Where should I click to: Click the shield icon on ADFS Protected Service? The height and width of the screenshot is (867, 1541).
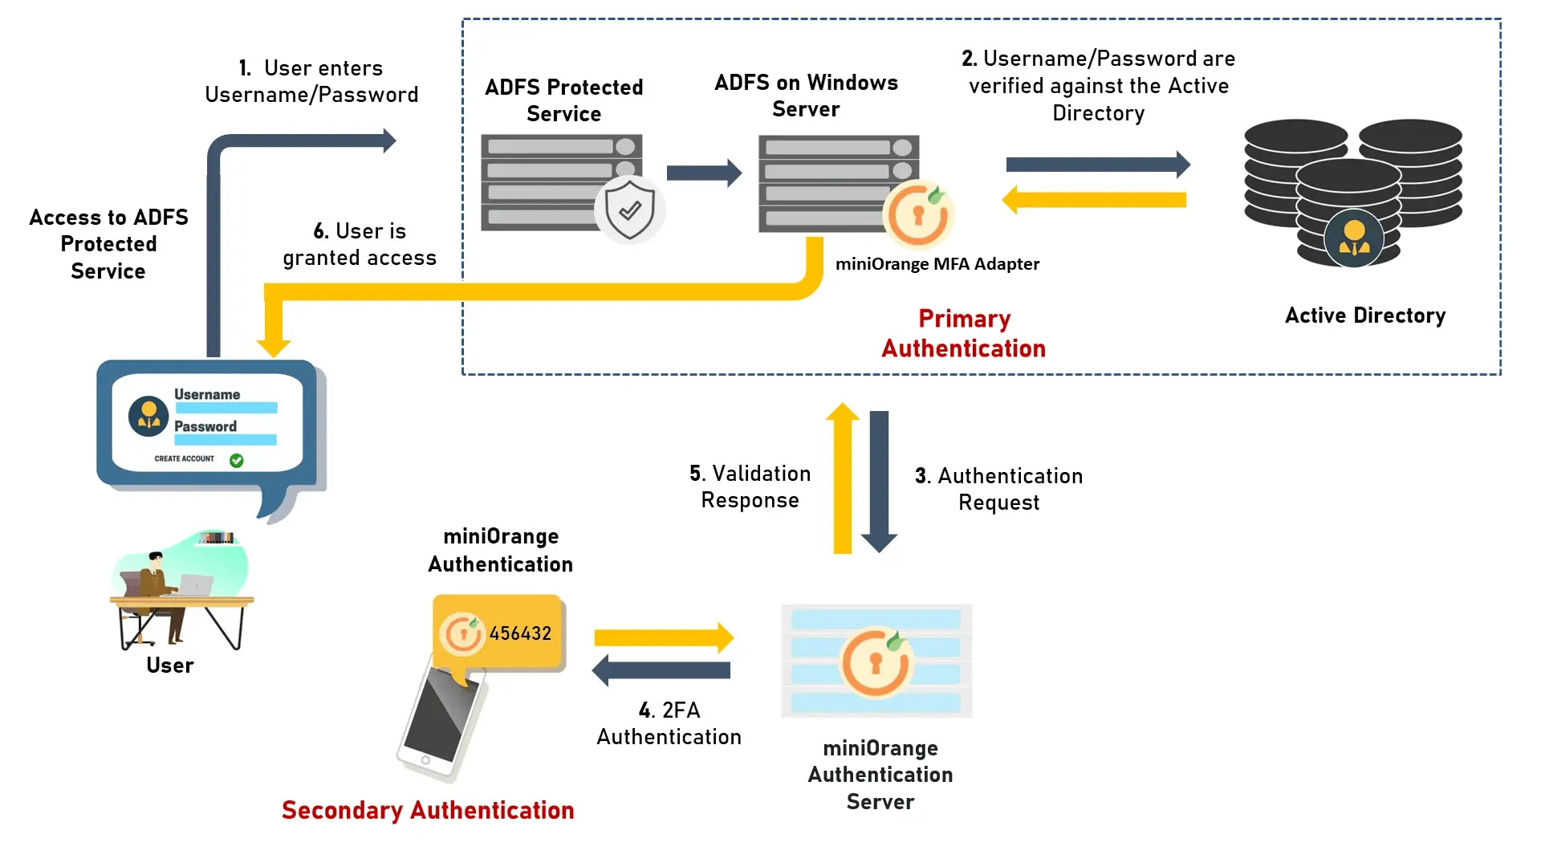click(x=630, y=210)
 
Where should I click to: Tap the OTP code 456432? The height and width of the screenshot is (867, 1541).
click(x=520, y=633)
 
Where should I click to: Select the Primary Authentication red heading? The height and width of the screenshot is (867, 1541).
click(x=963, y=333)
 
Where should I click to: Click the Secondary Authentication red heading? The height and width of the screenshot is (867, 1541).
click(x=428, y=810)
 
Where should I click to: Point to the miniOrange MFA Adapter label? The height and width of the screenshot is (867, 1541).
click(x=937, y=264)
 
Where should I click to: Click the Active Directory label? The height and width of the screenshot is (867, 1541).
click(x=1364, y=315)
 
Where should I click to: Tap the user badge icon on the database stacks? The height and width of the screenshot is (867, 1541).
click(x=1354, y=238)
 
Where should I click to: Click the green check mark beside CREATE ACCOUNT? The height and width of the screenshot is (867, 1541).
click(x=236, y=460)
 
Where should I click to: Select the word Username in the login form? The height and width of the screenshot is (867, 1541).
click(x=207, y=394)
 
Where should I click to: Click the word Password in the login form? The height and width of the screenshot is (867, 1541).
click(x=205, y=426)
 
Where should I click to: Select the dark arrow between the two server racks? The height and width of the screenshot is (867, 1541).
click(x=704, y=173)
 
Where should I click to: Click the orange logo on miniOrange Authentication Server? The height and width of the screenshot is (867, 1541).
click(x=876, y=661)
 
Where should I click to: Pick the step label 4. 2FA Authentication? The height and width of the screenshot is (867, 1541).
click(x=669, y=723)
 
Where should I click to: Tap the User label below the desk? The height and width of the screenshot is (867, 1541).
click(x=170, y=666)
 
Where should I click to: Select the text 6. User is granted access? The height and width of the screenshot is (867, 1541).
click(x=360, y=244)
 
